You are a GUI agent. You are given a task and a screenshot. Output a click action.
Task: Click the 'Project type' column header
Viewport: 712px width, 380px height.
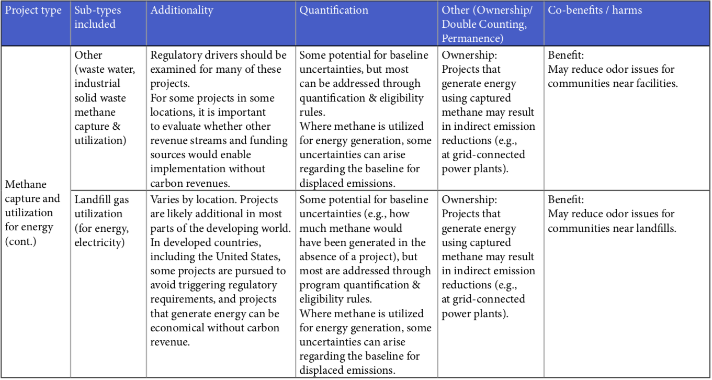[x=33, y=10]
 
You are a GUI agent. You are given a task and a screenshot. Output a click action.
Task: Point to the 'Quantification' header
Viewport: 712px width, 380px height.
[x=334, y=10]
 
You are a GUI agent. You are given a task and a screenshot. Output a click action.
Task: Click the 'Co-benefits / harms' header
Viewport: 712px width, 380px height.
[x=595, y=10]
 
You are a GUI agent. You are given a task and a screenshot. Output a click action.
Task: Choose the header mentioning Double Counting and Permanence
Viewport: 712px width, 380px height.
[x=484, y=24]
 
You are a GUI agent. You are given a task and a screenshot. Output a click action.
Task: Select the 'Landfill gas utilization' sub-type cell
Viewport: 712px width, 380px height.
[x=101, y=206]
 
